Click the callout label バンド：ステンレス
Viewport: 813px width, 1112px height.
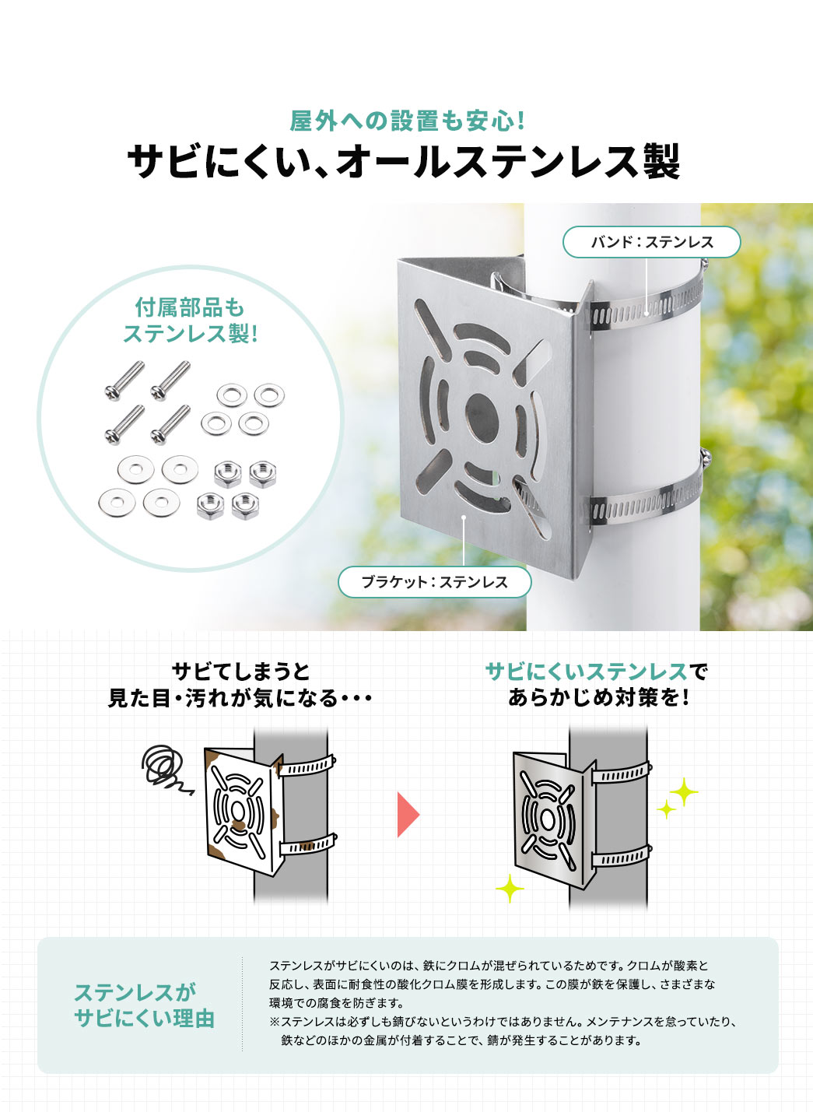651,242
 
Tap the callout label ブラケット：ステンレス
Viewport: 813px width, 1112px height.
434,582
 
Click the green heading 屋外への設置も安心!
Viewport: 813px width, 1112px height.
407,121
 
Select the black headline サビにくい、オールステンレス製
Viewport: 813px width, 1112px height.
404,161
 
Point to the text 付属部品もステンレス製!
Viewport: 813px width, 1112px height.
191,320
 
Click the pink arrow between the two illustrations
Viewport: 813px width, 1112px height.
408,815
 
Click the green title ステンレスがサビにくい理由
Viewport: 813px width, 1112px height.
144,1005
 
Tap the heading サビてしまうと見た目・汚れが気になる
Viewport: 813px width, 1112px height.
240,685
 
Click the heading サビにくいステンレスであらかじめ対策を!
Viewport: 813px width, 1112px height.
597,685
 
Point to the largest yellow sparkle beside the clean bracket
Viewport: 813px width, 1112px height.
684,792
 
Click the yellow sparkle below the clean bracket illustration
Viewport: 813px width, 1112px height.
510,889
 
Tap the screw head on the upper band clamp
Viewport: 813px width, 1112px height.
705,262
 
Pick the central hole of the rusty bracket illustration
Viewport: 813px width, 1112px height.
238,812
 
